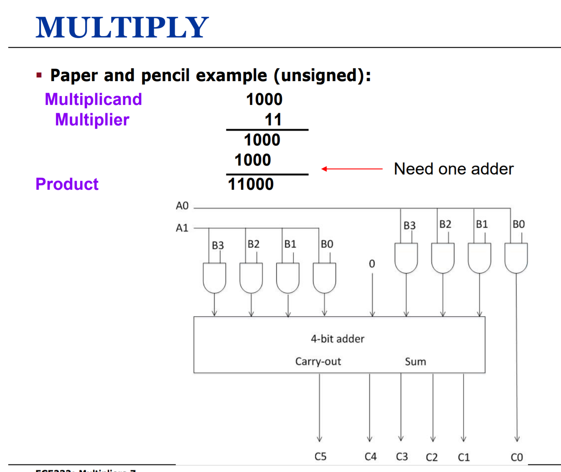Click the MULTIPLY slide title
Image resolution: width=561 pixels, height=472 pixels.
pyautogui.click(x=122, y=28)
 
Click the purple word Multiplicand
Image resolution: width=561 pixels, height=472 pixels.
pyautogui.click(x=93, y=99)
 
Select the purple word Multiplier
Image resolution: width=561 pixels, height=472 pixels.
pyautogui.click(x=92, y=120)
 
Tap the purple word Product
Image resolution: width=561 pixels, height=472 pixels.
pyautogui.click(x=67, y=184)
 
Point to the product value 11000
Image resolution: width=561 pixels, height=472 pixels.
pyautogui.click(x=251, y=184)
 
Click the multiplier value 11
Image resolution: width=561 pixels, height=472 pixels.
pyautogui.click(x=273, y=120)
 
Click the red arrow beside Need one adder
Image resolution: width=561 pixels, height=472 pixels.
pyautogui.click(x=352, y=169)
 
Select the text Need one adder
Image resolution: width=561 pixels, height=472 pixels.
pyautogui.click(x=454, y=169)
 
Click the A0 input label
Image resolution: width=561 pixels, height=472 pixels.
pyautogui.click(x=182, y=206)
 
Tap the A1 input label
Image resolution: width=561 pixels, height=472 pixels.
pyautogui.click(x=182, y=228)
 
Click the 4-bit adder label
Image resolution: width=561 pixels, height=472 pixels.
pyautogui.click(x=338, y=339)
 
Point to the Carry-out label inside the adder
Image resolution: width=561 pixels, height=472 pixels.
pyautogui.click(x=318, y=362)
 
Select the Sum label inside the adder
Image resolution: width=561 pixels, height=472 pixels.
pyautogui.click(x=415, y=362)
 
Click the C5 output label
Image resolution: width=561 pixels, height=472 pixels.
pyautogui.click(x=320, y=456)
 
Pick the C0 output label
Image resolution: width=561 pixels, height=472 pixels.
pyautogui.click(x=517, y=457)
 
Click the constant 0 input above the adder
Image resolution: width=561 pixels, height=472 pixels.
pyautogui.click(x=372, y=264)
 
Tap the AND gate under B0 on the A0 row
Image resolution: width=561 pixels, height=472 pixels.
pyautogui.click(x=516, y=258)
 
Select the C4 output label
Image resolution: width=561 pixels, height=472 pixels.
pyautogui.click(x=370, y=456)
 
